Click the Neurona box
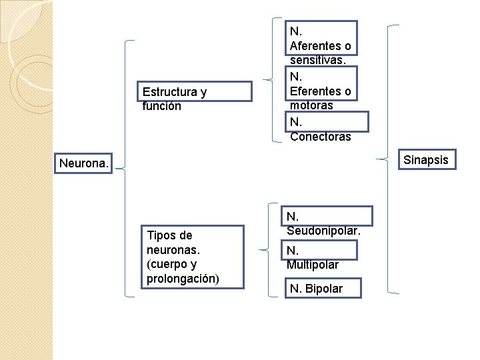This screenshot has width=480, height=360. click(84, 163)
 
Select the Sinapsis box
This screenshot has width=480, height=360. click(425, 160)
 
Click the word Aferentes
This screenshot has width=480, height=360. click(315, 46)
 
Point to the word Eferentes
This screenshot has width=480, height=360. click(315, 91)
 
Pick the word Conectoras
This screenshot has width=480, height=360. click(320, 137)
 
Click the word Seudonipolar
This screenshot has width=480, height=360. click(323, 231)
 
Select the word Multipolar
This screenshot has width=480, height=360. click(313, 265)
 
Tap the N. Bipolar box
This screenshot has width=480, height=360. click(325, 288)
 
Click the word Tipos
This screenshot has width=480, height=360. click(161, 235)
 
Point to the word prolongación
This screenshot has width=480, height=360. click(182, 278)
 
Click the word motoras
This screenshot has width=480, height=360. click(311, 105)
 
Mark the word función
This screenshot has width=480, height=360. click(162, 106)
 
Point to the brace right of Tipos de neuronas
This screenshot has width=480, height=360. click(272, 247)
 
